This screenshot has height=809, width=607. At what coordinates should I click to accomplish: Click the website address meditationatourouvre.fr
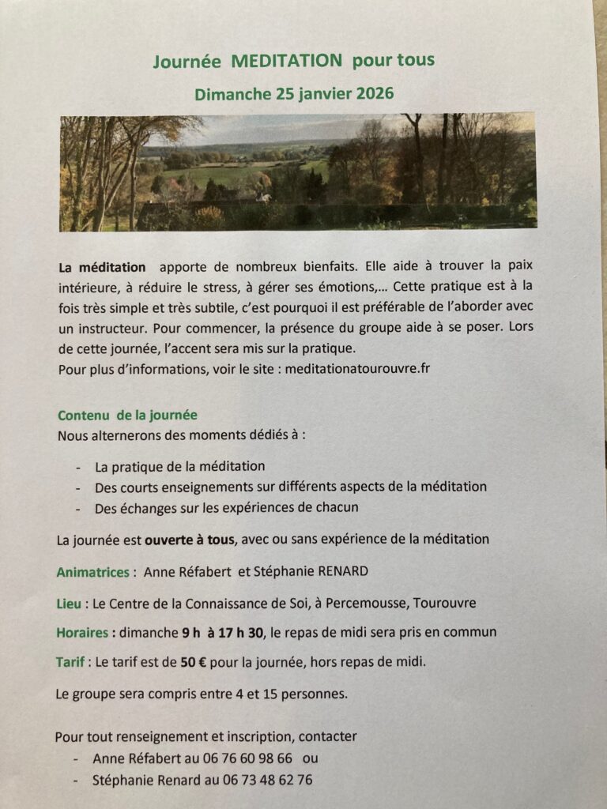(357, 368)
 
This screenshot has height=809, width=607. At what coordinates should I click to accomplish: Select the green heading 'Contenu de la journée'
(127, 415)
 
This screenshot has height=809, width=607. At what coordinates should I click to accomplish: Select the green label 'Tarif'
(72, 662)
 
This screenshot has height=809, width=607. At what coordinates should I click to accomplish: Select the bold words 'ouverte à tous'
(189, 540)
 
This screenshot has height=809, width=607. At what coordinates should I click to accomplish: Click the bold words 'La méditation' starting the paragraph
(102, 267)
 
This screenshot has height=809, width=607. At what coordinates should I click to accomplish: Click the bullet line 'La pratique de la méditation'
(179, 466)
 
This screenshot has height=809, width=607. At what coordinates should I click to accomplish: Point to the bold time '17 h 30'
(239, 632)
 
